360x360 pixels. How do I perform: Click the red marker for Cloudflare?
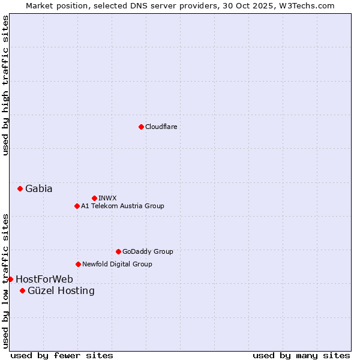click(141, 127)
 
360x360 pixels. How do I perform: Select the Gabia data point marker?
click(20, 188)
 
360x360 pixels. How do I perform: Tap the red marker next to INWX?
click(94, 198)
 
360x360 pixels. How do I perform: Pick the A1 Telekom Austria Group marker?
click(77, 206)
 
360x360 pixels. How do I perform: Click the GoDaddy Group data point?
click(118, 251)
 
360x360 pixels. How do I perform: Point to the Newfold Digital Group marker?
click(78, 264)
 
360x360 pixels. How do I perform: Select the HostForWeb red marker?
click(10, 279)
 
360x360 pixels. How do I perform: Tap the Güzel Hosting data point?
click(22, 291)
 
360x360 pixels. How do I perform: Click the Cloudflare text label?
click(161, 127)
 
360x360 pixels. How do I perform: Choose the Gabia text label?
click(38, 188)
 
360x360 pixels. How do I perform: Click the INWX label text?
click(107, 198)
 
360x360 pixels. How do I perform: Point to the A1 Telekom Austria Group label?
click(122, 206)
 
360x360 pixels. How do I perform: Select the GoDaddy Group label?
click(148, 251)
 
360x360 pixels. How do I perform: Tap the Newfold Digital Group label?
click(117, 264)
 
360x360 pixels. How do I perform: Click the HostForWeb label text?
click(44, 279)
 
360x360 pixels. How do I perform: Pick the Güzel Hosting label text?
click(61, 291)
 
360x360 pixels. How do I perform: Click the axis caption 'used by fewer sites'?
click(62, 355)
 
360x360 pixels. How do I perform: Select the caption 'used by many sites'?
click(301, 355)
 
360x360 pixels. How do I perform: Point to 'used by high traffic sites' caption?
click(5, 85)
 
